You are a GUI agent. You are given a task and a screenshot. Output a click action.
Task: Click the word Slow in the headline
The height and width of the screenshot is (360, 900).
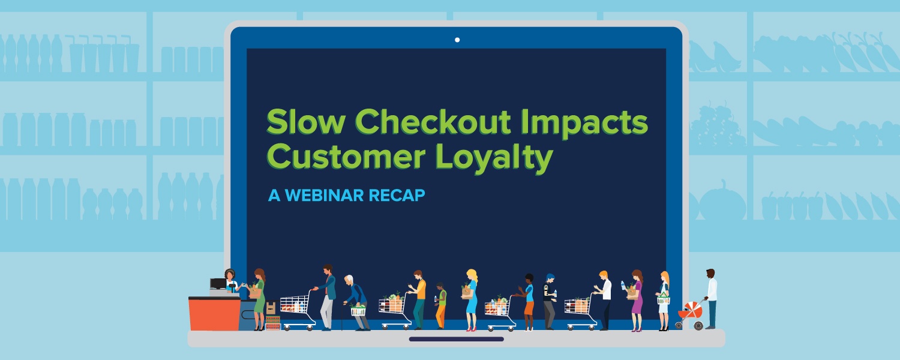pyautogui.click(x=306, y=122)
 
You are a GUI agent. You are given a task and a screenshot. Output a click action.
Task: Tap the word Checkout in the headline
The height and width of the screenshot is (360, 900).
pyautogui.click(x=433, y=122)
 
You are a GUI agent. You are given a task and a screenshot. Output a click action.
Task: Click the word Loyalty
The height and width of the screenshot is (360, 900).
pyautogui.click(x=494, y=158)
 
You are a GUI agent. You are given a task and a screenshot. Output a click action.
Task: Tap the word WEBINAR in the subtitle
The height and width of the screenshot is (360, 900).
pyautogui.click(x=324, y=195)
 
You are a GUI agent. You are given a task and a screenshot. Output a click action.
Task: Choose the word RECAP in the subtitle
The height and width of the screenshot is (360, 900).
pyautogui.click(x=397, y=195)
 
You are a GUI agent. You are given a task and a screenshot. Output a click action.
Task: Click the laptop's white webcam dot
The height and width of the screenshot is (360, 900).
pyautogui.click(x=457, y=40)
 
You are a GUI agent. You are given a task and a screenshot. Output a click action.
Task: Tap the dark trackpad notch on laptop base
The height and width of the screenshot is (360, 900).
pyautogui.click(x=457, y=339)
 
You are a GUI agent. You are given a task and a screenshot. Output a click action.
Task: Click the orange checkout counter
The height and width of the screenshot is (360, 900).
pyautogui.click(x=215, y=313)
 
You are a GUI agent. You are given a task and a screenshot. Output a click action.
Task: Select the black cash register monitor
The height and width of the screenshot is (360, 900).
pyautogui.click(x=218, y=284)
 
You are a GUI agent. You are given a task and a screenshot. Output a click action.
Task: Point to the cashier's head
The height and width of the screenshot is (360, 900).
pyautogui.click(x=229, y=274)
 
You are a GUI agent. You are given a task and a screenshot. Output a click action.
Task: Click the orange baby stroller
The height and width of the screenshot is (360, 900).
pyautogui.click(x=690, y=314)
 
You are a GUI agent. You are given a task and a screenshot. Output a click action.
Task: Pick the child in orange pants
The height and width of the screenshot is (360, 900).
pyautogui.click(x=441, y=306)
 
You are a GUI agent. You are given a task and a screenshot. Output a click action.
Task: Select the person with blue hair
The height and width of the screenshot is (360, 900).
pyautogui.click(x=549, y=301)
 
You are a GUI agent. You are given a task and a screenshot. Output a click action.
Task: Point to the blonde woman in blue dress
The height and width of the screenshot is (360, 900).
pyautogui.click(x=471, y=300)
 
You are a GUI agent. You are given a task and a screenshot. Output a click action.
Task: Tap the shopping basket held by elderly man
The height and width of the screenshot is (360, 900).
pyautogui.click(x=358, y=310)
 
